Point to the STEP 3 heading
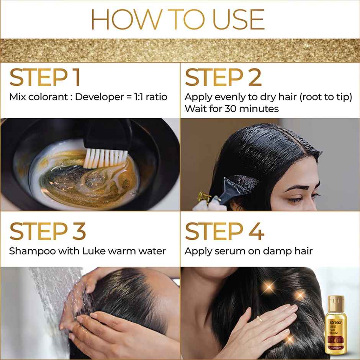[x=47, y=231]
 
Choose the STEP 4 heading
[x=224, y=231]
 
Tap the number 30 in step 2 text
[x=229, y=109]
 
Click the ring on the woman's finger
[x=259, y=319]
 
